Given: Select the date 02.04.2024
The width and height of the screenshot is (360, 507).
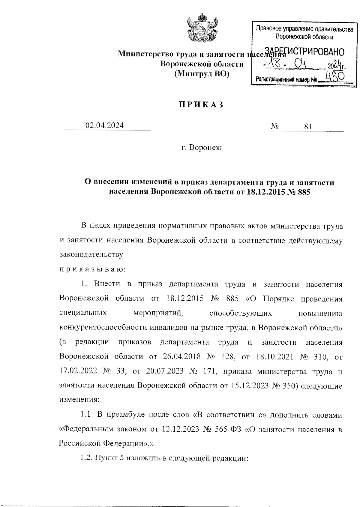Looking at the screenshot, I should [104, 126].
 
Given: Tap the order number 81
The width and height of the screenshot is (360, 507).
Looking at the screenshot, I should [308, 127].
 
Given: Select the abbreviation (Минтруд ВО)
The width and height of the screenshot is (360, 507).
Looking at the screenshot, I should [202, 73].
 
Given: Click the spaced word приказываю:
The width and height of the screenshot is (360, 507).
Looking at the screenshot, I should [92, 269].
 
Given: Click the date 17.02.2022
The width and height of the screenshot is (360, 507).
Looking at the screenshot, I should [78, 371].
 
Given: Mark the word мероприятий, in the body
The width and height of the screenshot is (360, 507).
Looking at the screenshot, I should [158, 313].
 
